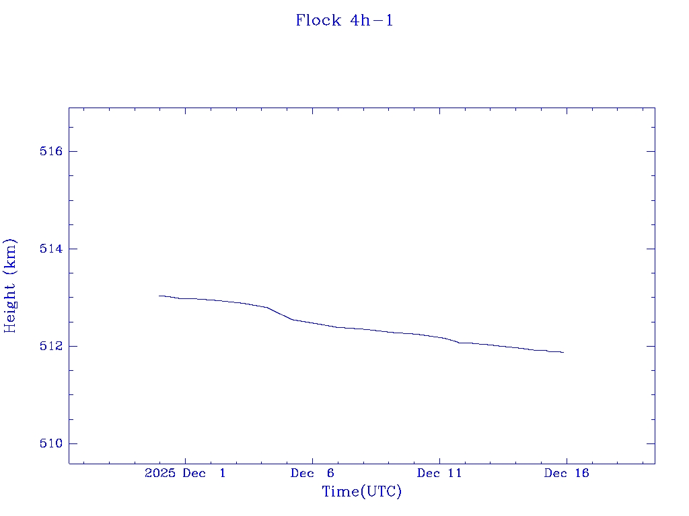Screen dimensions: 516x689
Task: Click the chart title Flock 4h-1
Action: click(x=344, y=21)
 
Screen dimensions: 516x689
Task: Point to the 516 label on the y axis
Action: click(x=51, y=151)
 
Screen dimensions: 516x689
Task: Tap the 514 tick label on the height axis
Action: click(x=51, y=249)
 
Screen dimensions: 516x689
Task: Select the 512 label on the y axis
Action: click(x=51, y=346)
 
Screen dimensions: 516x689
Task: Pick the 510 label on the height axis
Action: click(x=51, y=443)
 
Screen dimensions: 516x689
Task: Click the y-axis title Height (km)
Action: click(x=10, y=285)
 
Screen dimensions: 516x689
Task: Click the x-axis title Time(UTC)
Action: click(x=362, y=492)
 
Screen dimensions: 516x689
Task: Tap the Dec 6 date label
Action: click(x=313, y=473)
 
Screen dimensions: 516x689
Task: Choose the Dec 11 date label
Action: click(x=439, y=473)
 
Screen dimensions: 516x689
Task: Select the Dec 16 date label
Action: click(x=567, y=473)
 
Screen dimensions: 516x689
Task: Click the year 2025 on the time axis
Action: click(x=159, y=473)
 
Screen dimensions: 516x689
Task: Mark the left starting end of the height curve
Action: click(x=159, y=296)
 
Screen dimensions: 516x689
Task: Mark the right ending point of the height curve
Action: click(x=563, y=352)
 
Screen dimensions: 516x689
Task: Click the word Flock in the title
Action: click(x=319, y=21)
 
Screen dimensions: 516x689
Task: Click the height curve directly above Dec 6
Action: click(x=313, y=322)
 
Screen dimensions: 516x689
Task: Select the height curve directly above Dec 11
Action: click(x=439, y=337)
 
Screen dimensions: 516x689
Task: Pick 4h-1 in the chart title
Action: click(x=371, y=21)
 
